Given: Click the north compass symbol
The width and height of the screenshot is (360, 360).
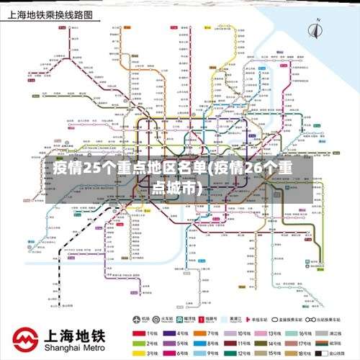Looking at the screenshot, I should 315,30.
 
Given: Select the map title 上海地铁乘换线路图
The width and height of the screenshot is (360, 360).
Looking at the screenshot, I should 50,14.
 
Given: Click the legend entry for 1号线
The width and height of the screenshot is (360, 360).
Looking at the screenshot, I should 148,333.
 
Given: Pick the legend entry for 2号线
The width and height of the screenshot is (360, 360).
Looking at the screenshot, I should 148,343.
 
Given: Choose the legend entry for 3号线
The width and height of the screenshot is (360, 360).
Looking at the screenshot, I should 148,353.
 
